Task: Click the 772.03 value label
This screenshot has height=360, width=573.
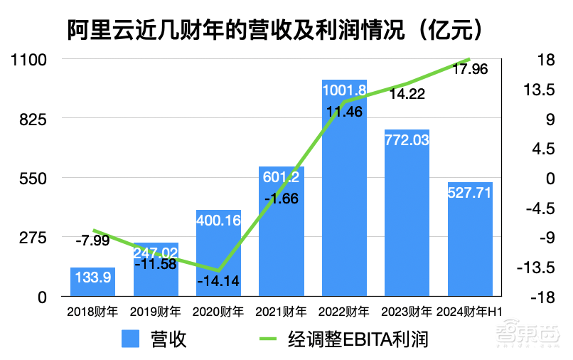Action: pos(407,140)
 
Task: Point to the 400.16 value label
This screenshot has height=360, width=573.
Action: pos(219,220)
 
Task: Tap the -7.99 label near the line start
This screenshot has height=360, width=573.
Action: pos(92,240)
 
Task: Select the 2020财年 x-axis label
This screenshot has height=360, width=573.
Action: pos(219,312)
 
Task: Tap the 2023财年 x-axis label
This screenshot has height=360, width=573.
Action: pos(407,312)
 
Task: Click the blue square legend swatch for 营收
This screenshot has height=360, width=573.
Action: pos(129,339)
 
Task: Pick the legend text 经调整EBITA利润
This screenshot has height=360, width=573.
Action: pos(358,339)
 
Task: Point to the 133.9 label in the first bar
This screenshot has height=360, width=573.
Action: pos(92,278)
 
